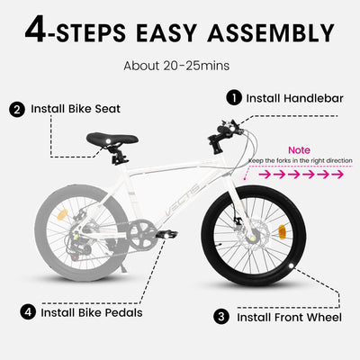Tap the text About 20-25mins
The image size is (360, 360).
tap(179, 66)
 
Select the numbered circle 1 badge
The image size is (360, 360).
tap(234, 97)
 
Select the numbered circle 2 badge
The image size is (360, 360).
tap(17, 109)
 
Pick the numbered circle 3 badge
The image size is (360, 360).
tap(220, 316)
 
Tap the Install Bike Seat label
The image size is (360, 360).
tap(76, 109)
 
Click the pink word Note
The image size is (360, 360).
tap(299, 150)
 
